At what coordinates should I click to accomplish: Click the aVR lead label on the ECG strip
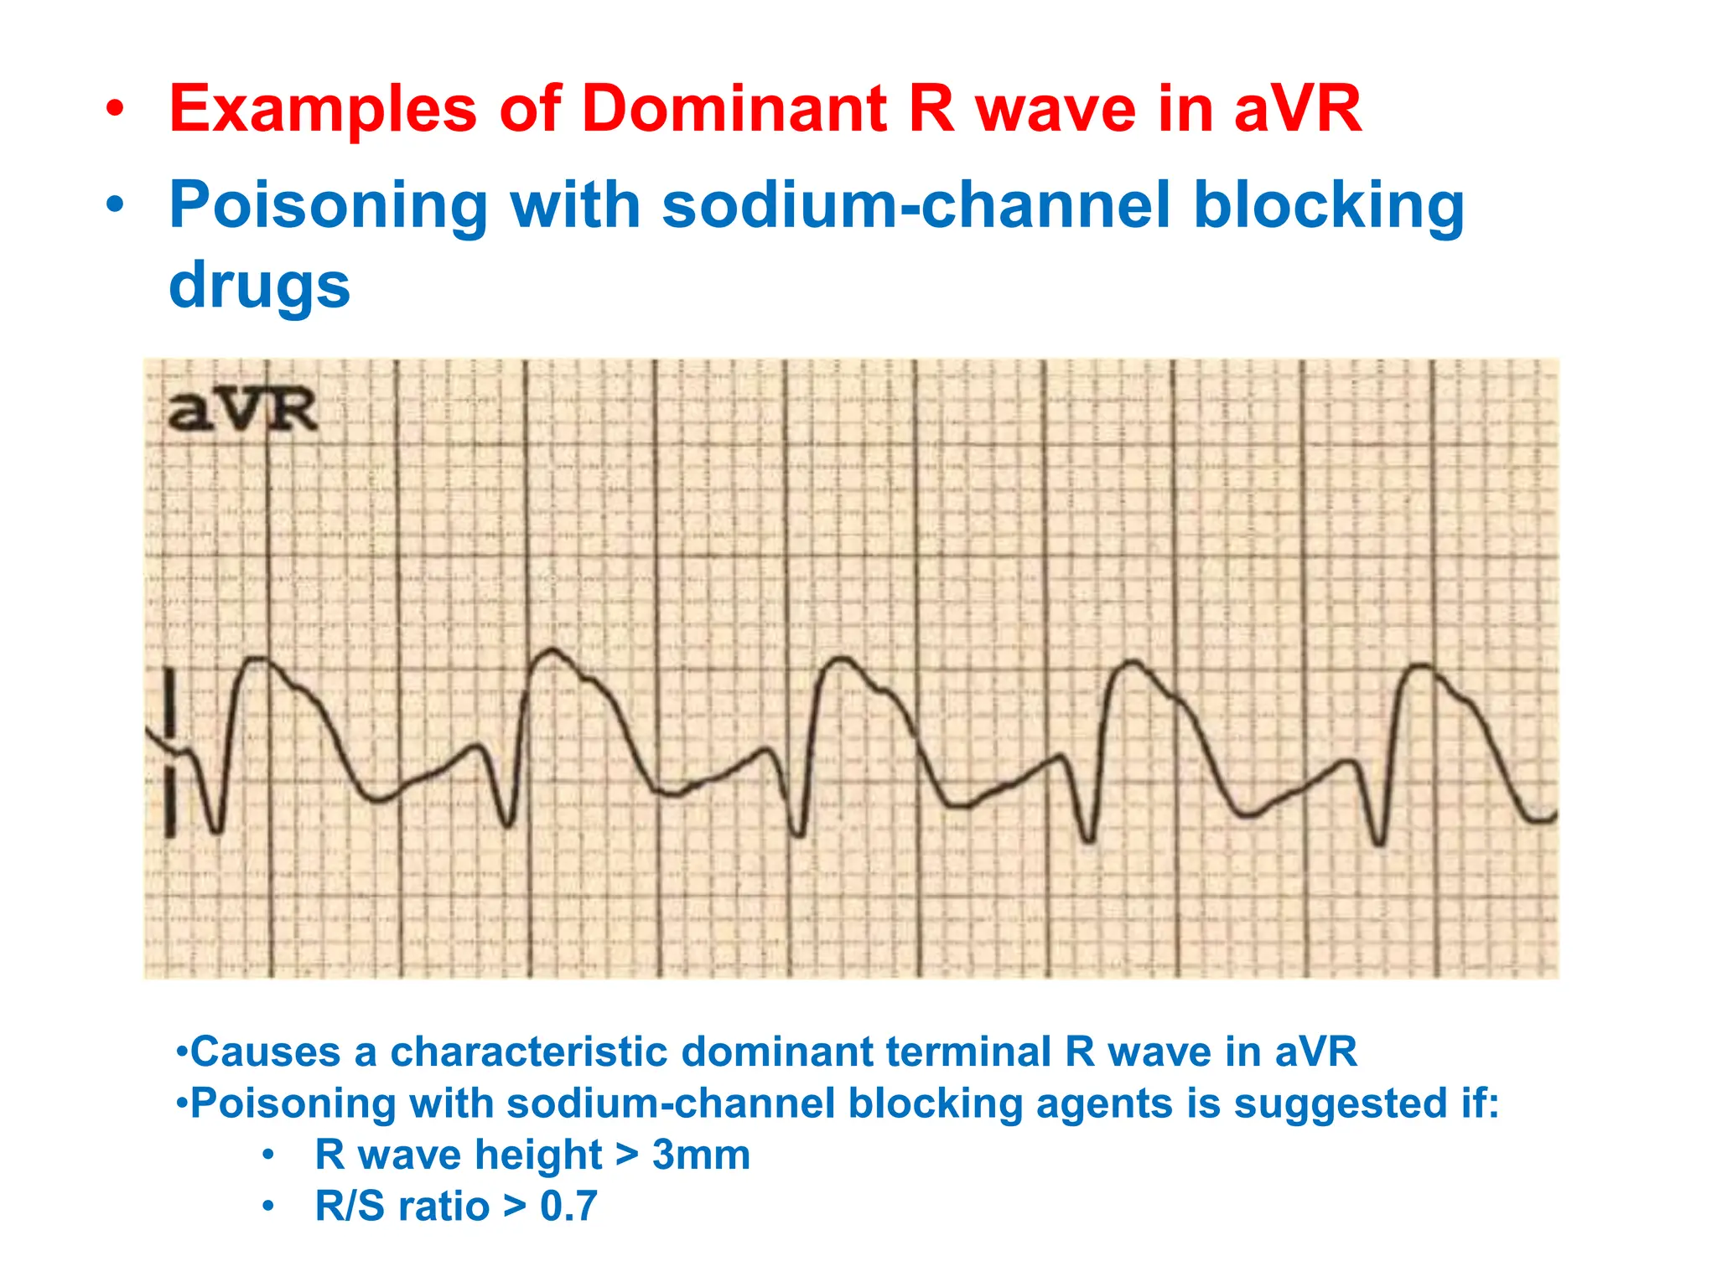coord(241,411)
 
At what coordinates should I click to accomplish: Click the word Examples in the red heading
coord(323,109)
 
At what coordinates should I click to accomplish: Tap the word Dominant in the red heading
coord(734,109)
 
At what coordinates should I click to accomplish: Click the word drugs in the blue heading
coord(259,285)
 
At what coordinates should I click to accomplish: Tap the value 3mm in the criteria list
coord(701,1155)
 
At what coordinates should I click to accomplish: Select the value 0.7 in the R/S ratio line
coord(568,1207)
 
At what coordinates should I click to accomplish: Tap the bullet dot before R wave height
coord(267,1155)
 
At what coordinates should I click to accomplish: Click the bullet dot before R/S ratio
coord(267,1207)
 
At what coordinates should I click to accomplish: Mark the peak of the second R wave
coord(552,650)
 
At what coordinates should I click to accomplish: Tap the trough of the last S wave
coord(1379,842)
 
